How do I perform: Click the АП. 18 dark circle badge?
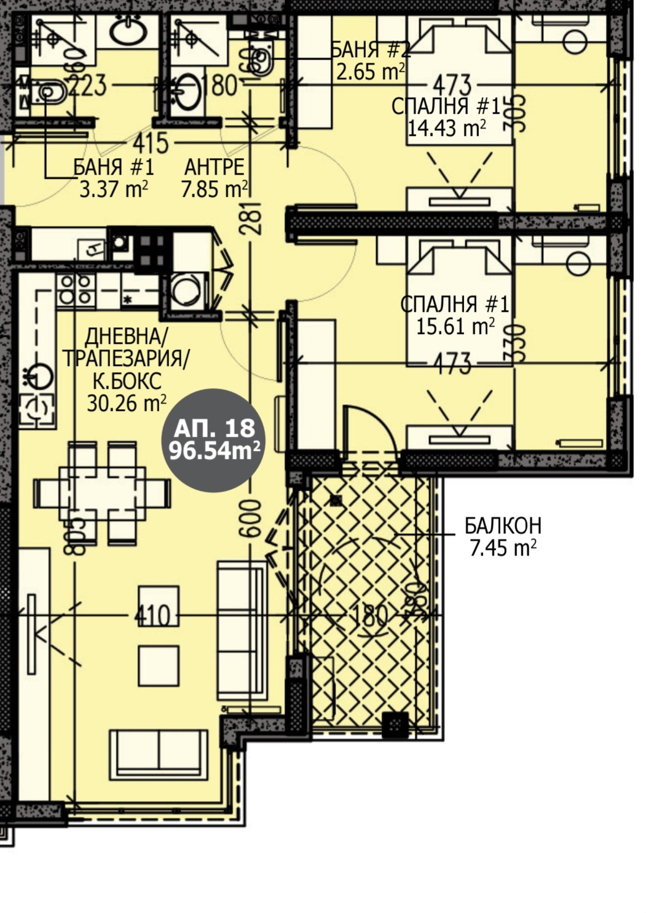[214, 441]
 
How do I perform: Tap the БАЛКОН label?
[503, 526]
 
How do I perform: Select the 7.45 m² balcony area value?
[503, 548]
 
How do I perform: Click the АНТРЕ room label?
[215, 167]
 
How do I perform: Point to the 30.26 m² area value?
[127, 404]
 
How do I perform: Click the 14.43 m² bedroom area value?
[447, 129]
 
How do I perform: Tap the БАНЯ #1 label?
[114, 167]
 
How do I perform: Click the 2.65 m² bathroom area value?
[370, 72]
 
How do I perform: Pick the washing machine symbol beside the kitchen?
[187, 290]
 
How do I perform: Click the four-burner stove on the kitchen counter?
[74, 289]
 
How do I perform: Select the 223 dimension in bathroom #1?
[87, 86]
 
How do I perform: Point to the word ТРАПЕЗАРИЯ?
[126, 359]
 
